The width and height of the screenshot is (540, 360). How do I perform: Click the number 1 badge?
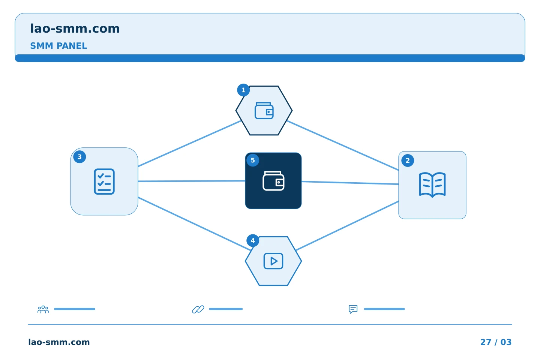(x=243, y=90)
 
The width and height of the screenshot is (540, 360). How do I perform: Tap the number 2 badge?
(x=407, y=160)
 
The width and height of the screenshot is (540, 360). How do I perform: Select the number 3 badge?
(x=79, y=157)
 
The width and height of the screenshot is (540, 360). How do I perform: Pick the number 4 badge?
(x=253, y=240)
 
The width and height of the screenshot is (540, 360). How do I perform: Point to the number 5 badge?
(x=253, y=160)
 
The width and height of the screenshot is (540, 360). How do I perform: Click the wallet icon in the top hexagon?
(x=264, y=111)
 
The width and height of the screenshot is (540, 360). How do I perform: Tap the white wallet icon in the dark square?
(x=273, y=181)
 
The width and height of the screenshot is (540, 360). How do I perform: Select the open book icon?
(x=432, y=185)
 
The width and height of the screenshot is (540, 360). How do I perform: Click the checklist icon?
(x=104, y=181)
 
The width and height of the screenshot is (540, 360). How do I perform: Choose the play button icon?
(x=273, y=261)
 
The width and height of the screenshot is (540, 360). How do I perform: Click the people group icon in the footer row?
(x=43, y=309)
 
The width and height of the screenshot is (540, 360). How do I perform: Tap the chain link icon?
(x=198, y=309)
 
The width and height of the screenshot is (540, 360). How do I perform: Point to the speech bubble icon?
(x=353, y=309)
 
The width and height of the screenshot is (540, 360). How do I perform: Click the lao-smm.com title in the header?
(x=75, y=28)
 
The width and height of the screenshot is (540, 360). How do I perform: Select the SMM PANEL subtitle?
(x=58, y=46)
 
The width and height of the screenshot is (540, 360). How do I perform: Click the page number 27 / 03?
(x=496, y=342)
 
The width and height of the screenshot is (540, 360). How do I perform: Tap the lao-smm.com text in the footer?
(x=59, y=342)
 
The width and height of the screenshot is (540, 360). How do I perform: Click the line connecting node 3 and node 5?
(x=192, y=181)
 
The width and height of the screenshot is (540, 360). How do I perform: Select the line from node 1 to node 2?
(x=343, y=145)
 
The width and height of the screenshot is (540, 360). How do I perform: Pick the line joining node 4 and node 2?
(x=347, y=226)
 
